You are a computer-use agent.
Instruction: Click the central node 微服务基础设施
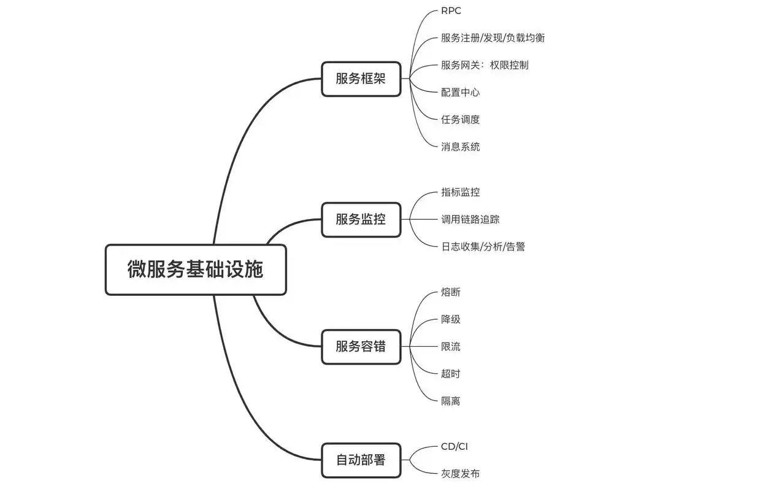tap(196, 270)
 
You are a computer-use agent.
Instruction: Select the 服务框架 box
tap(361, 79)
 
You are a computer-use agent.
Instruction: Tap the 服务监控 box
tap(361, 219)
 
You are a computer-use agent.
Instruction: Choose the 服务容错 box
tap(361, 346)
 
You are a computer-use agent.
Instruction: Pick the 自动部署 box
tap(361, 460)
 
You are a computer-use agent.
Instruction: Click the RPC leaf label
tap(451, 11)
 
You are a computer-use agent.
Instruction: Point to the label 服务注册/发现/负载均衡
tap(493, 38)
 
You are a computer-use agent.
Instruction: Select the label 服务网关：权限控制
tap(485, 65)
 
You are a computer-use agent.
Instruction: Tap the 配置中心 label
tap(460, 93)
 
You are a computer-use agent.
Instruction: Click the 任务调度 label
tap(460, 120)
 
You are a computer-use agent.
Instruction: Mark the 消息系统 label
tap(460, 147)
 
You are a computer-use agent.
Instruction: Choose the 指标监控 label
tap(460, 192)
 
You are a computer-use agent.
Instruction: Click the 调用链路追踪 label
tap(470, 219)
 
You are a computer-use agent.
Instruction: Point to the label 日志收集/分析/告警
tap(483, 247)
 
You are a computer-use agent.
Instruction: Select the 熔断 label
tap(450, 292)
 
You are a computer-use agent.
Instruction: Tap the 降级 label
tap(450, 319)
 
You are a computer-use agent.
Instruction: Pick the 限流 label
tap(450, 347)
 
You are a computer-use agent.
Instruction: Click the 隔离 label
tap(450, 401)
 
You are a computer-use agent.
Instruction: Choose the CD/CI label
tap(454, 447)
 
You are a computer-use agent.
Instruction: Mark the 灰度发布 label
tap(460, 474)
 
